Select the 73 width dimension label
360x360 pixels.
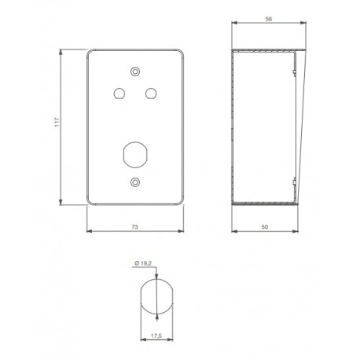tap(135, 226)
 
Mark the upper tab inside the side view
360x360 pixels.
tap(294, 75)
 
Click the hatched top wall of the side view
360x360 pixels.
tap(263, 51)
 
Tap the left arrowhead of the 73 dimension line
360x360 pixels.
tap(88, 232)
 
